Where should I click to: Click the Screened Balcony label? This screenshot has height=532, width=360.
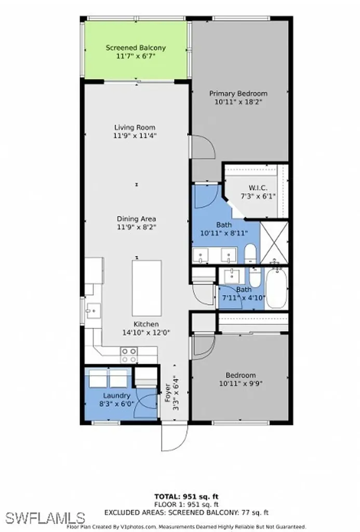coord(136,48)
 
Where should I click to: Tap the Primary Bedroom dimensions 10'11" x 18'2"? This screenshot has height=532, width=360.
coord(238,102)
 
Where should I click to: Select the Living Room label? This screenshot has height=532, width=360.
coord(135,127)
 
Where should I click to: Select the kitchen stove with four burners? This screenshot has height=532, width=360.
coord(129,355)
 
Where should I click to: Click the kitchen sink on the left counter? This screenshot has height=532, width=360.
coord(95,311)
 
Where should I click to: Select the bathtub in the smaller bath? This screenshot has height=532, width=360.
coord(275,290)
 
